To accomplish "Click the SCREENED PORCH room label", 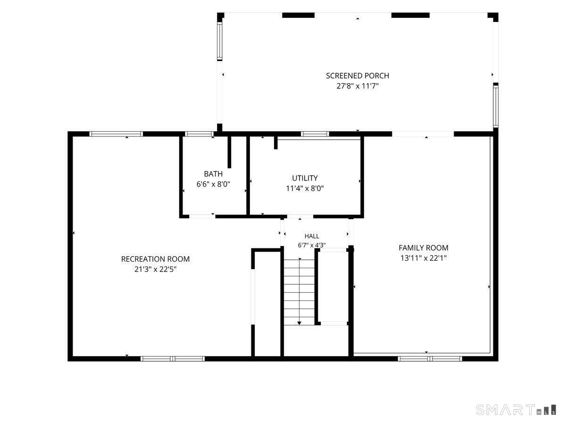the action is (358, 76).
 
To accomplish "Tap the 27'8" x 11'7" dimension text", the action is (358, 86).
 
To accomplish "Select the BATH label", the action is (213, 174).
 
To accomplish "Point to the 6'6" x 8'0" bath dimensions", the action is (213, 184).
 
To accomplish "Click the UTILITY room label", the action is (305, 178).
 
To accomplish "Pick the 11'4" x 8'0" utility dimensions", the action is (305, 188).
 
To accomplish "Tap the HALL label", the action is (312, 236).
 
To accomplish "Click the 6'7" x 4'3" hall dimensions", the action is (312, 245).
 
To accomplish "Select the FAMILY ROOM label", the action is (424, 248).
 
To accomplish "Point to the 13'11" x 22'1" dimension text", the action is (424, 258).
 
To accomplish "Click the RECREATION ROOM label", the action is (155, 259).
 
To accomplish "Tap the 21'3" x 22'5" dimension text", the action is (155, 269).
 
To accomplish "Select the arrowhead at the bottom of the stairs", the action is (299, 323).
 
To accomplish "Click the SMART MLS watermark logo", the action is (516, 409).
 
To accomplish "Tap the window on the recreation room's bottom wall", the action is (173, 359).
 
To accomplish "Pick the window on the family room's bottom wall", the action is (430, 359).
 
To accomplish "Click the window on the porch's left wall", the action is (219, 41).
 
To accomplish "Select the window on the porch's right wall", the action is (496, 105).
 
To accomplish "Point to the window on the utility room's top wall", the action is (315, 134).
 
